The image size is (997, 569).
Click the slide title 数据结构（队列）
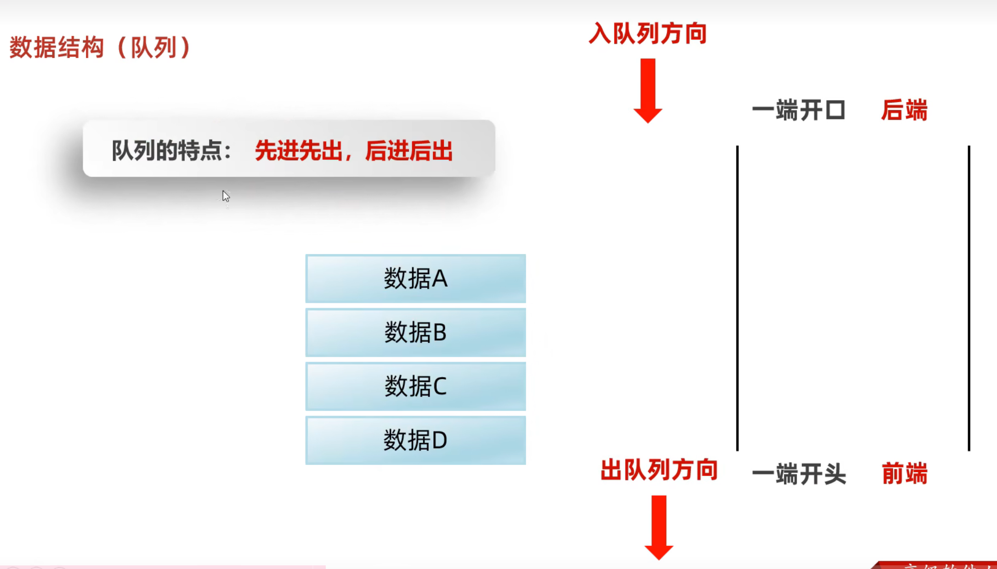coord(100,47)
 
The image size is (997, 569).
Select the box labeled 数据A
coord(415,278)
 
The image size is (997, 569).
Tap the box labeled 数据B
coord(415,332)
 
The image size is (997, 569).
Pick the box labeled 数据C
coord(415,386)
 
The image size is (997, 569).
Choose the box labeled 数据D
coord(415,440)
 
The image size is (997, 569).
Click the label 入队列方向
coord(648,34)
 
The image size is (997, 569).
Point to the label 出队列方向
coord(659,470)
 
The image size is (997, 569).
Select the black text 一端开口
coord(799,111)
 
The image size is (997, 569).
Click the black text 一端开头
coord(799,474)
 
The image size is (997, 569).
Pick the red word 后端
coord(904,111)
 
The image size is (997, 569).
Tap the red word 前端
coord(904,474)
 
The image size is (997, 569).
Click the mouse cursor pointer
coord(226,196)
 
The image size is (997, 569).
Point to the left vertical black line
coord(737,299)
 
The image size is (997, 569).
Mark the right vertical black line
coord(969,299)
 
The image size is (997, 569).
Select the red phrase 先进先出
coord(299,151)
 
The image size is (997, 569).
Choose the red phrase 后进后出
coord(409,151)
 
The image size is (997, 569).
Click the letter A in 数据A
coord(440,279)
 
